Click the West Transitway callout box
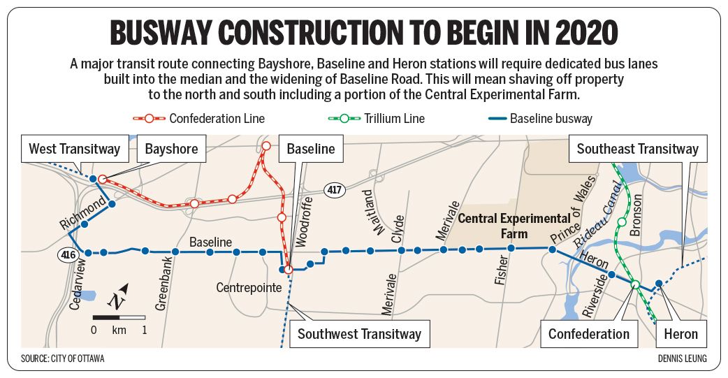(x=75, y=149)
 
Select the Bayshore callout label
(x=171, y=149)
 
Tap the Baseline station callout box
(x=311, y=149)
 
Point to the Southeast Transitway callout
(x=637, y=149)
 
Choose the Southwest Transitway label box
(x=359, y=333)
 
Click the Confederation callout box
(x=588, y=333)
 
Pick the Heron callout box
(x=681, y=333)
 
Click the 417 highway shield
(x=334, y=189)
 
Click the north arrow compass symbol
(x=118, y=297)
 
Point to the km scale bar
(x=119, y=318)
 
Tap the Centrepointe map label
(x=248, y=287)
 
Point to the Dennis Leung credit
(x=681, y=358)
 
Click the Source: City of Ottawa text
(x=67, y=358)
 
